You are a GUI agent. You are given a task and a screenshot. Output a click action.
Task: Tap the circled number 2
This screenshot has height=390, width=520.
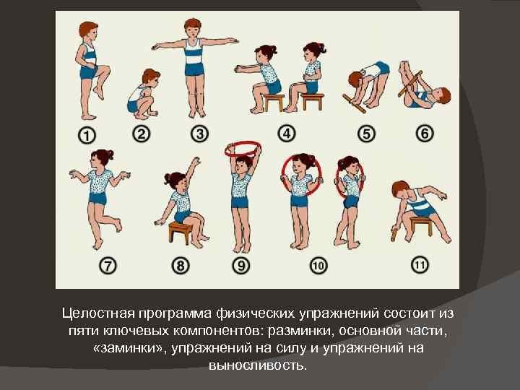click(x=142, y=134)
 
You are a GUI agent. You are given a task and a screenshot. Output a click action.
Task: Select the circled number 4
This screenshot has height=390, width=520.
click(x=287, y=134)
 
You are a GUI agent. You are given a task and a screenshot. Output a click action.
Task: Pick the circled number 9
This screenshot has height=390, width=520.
click(x=241, y=266)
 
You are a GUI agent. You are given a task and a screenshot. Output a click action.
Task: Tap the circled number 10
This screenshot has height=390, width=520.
click(x=318, y=266)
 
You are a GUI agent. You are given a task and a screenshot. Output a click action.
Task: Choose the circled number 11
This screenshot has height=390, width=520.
click(x=420, y=265)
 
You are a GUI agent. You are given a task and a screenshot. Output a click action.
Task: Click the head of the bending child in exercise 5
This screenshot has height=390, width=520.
click(x=356, y=81)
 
